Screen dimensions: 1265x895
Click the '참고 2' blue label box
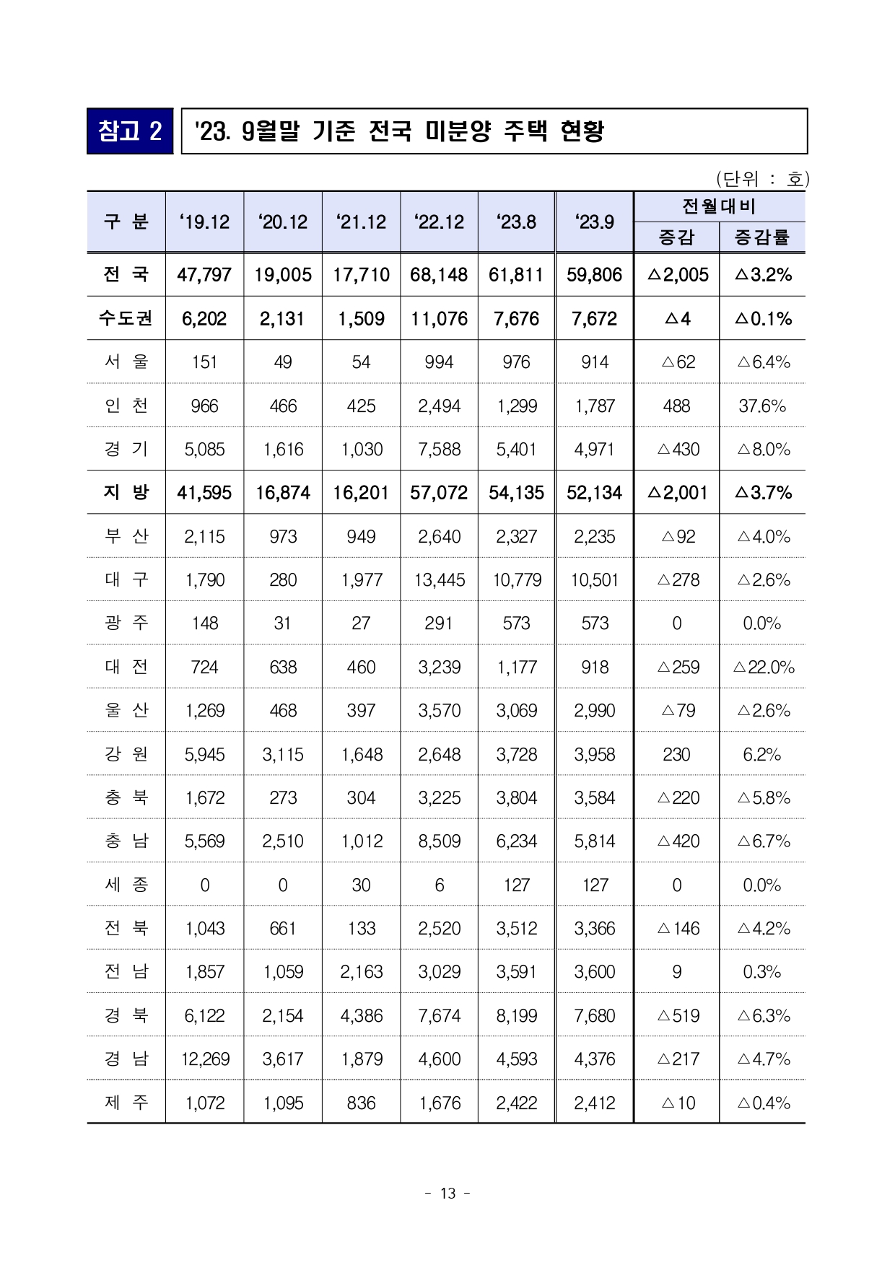coord(130,131)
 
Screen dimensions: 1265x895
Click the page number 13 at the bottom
coord(447,1194)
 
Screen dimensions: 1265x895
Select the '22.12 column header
coord(439,222)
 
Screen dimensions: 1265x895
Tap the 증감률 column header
coord(761,237)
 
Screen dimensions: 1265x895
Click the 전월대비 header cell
coord(719,207)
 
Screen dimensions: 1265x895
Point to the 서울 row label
coord(126,362)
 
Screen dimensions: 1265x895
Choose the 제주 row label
coord(126,1103)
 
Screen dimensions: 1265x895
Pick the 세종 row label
coord(126,885)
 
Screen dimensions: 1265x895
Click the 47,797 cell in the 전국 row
coord(204,275)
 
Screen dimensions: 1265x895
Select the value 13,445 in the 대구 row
coord(439,580)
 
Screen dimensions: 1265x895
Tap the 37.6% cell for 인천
coord(761,406)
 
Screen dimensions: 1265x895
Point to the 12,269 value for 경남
coord(205,1059)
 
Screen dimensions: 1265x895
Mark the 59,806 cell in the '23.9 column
coord(594,275)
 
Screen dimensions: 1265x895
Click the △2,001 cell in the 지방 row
coord(678,493)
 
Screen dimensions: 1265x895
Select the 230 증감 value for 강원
coord(676,755)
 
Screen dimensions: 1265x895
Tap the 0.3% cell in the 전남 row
coord(761,972)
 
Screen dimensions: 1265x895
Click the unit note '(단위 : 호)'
coord(762,178)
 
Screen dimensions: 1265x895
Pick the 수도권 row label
coord(126,319)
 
